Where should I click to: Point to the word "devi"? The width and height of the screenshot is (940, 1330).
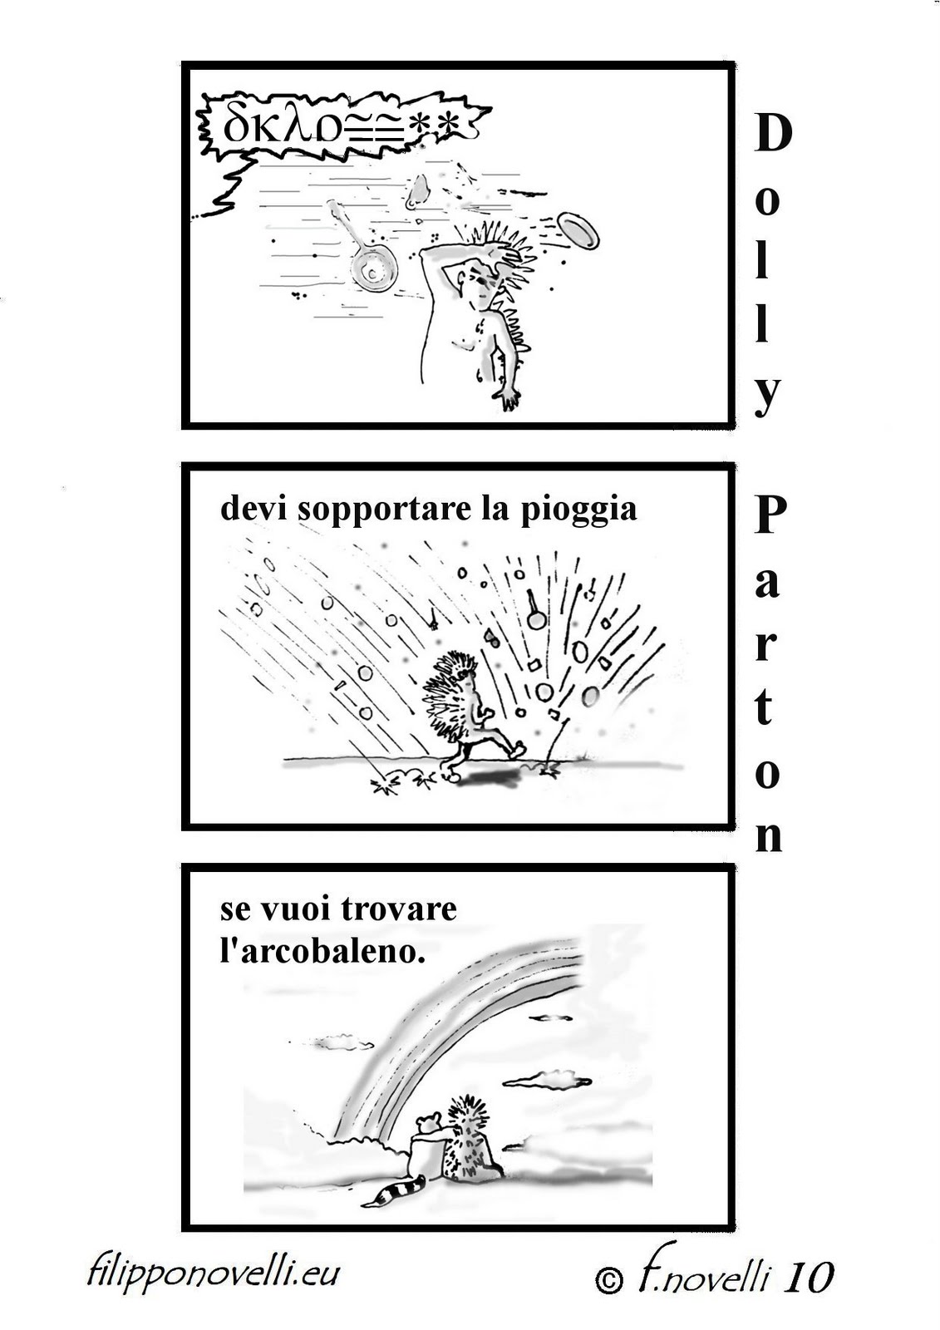(254, 509)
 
